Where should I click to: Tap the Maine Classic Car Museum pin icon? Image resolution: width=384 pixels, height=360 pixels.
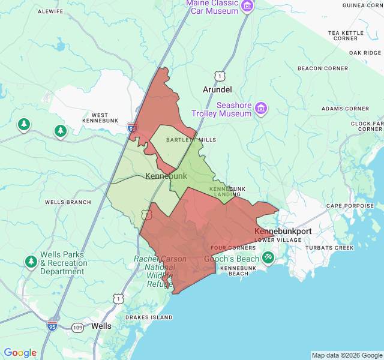[248, 7]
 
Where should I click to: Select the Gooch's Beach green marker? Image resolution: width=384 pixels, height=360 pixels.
[268, 258]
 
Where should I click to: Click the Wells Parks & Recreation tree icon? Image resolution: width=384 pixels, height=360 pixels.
[31, 262]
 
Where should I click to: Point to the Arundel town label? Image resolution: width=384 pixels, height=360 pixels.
[217, 89]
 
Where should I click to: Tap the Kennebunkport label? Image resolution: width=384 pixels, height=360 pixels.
[283, 231]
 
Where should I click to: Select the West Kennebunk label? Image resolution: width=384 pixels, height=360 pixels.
[100, 119]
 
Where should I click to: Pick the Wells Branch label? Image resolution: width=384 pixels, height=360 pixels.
[68, 202]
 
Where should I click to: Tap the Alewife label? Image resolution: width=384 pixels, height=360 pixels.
[51, 11]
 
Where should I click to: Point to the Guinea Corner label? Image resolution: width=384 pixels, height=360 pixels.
[362, 5]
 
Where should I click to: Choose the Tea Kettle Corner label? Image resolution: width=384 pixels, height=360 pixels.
[345, 35]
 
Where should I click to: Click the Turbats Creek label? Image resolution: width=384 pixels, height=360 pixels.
[329, 248]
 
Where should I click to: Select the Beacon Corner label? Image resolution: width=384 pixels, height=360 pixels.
[318, 68]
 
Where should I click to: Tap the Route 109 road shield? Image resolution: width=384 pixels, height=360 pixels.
[77, 327]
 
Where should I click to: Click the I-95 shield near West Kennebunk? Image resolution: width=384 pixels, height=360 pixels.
[132, 127]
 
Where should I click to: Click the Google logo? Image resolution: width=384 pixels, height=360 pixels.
[20, 353]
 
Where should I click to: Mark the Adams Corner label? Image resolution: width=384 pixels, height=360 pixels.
[345, 109]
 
